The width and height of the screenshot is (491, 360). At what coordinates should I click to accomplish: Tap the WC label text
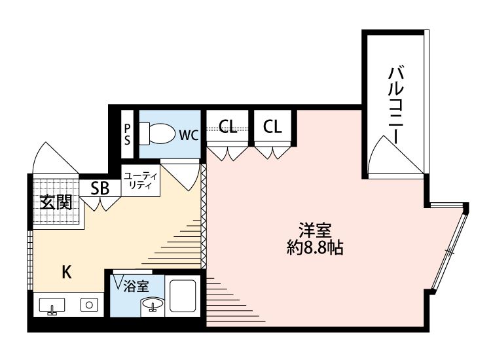tap(189, 135)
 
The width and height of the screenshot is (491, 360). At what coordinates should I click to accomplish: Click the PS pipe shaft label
tap(128, 134)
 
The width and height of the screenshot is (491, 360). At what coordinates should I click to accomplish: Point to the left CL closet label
tap(228, 126)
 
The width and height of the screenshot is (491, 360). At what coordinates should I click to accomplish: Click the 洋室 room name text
tap(316, 230)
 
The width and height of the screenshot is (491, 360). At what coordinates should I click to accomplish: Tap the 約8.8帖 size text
tap(316, 248)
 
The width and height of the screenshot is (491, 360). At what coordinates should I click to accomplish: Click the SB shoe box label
tap(100, 189)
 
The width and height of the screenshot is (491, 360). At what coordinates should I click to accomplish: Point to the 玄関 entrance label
tap(55, 202)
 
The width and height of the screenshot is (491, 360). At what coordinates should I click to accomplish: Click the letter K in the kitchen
tap(66, 272)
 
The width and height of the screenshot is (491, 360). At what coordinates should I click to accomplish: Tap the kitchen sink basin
tap(52, 306)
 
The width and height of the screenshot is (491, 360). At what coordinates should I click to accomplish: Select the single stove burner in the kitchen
tap(89, 304)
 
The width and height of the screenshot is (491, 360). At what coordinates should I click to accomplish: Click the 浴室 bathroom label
tap(136, 285)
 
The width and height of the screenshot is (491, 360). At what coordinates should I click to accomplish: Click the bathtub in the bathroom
tap(184, 297)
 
